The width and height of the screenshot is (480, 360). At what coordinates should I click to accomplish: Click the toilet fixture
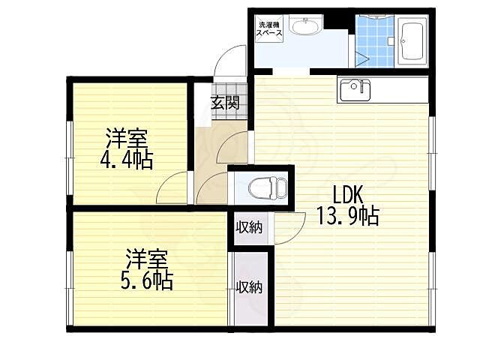[x=264, y=186]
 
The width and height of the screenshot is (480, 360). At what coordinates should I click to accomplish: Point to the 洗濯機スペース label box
[x=270, y=28]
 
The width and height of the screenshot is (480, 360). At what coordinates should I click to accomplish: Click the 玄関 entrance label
[x=224, y=103]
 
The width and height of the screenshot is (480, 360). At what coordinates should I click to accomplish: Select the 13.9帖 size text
[x=347, y=216]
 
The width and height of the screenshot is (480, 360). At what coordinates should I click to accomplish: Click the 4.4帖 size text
[x=127, y=159]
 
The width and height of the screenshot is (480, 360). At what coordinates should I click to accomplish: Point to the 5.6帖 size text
[x=148, y=280]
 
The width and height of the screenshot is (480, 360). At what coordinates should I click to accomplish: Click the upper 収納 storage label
[x=250, y=227]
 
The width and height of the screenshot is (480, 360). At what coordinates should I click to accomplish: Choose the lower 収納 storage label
[x=249, y=286]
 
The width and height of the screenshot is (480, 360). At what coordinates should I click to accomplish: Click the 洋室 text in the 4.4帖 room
[x=126, y=139]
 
